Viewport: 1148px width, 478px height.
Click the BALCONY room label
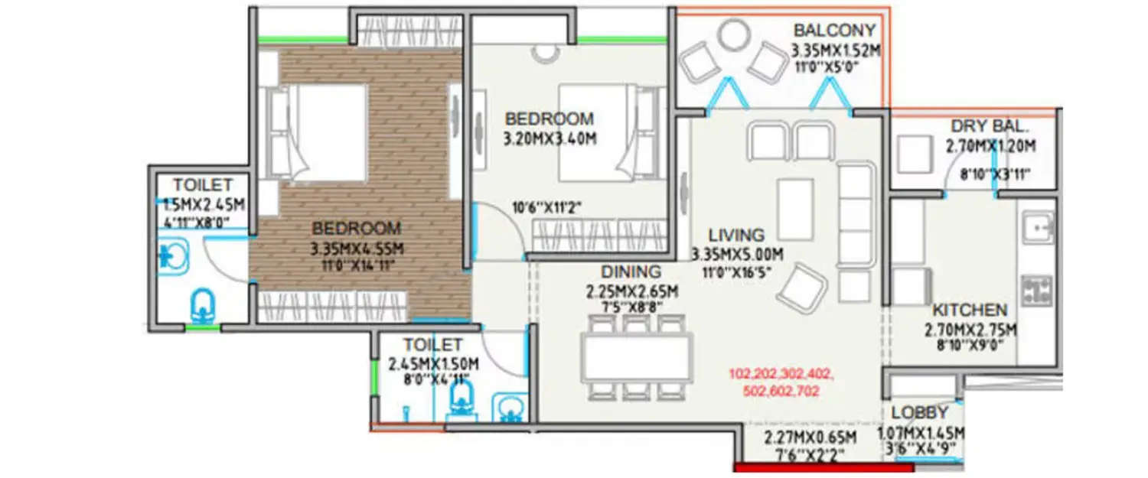[x=834, y=31]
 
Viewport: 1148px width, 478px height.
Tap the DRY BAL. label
[x=990, y=126]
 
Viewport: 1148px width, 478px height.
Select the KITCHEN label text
[x=969, y=311]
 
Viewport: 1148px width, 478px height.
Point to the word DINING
[x=631, y=272]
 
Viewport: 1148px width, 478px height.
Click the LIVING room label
[x=735, y=235]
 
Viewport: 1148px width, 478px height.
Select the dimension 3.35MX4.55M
[x=357, y=249]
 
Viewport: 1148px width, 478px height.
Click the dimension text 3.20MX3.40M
[x=549, y=139]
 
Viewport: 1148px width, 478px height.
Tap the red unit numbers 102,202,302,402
[x=781, y=374]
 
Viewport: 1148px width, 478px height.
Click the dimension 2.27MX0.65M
[x=810, y=437]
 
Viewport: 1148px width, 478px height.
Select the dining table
[x=637, y=357]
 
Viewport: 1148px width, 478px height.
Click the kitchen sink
[x=1038, y=226]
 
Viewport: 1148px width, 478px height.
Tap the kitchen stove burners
[x=1037, y=291]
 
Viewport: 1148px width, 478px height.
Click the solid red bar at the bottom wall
[x=823, y=467]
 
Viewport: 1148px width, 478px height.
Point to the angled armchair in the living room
[x=803, y=287]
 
